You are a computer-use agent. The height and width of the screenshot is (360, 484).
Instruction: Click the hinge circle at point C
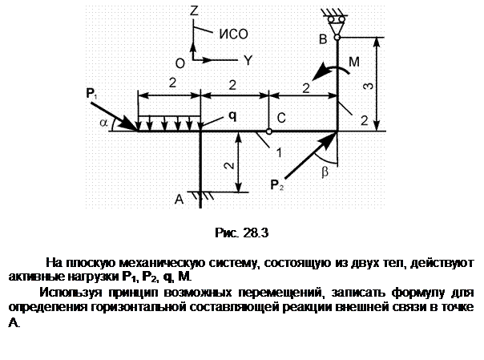(269, 131)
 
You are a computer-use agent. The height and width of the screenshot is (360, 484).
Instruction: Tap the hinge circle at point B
(337, 38)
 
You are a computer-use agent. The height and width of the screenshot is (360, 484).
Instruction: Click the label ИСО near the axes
(234, 34)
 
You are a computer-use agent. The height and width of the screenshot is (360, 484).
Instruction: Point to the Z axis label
(194, 10)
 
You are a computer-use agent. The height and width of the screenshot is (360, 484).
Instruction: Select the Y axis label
(248, 60)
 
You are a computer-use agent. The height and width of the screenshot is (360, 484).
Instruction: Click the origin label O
(180, 63)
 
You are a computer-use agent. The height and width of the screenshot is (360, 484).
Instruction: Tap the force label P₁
(91, 93)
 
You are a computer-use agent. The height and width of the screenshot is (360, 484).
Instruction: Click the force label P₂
(277, 185)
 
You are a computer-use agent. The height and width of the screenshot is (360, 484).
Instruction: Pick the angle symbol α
(104, 123)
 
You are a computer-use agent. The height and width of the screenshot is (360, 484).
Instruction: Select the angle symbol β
(325, 172)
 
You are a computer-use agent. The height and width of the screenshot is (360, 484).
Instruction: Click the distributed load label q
(232, 116)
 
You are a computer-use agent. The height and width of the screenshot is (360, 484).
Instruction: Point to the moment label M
(354, 62)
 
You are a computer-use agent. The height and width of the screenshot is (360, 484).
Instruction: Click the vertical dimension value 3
(368, 86)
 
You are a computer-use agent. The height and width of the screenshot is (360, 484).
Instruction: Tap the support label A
(179, 200)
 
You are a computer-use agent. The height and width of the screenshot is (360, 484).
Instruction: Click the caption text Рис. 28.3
(242, 233)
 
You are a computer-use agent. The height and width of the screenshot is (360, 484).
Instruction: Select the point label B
(323, 39)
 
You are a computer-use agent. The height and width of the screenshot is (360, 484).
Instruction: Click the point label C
(281, 118)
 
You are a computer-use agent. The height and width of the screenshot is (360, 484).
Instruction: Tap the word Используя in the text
(71, 293)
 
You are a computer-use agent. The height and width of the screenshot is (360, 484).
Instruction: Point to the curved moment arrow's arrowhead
(320, 72)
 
